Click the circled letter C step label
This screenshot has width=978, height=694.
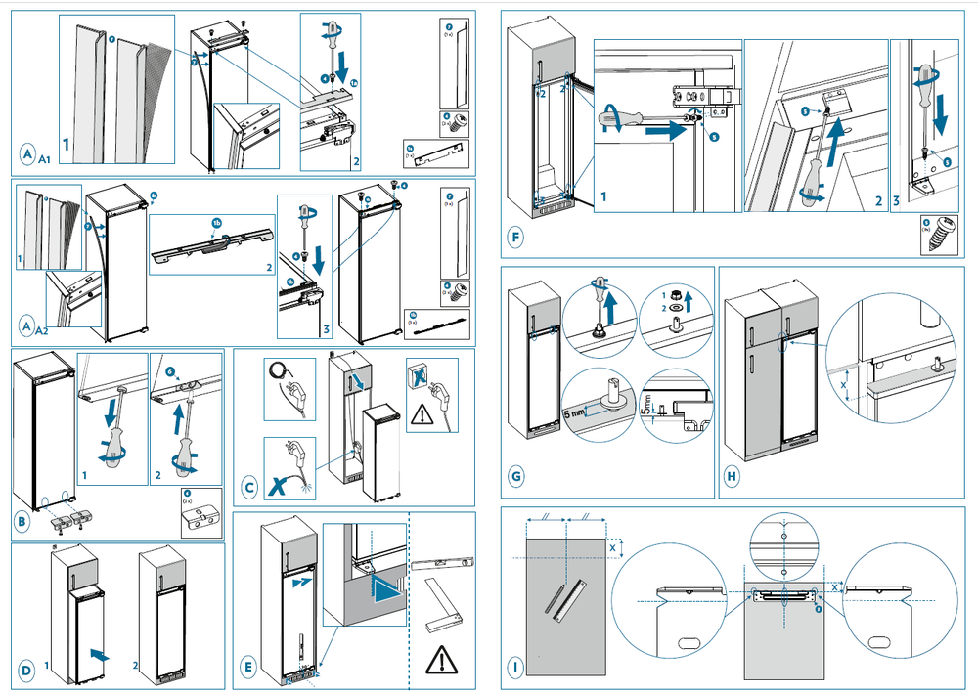point(249,484)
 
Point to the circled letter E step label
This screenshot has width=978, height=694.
point(248,668)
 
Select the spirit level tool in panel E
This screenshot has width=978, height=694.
point(442,564)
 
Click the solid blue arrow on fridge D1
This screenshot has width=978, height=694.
point(96,648)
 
